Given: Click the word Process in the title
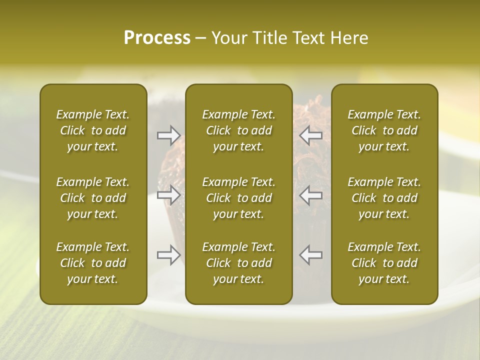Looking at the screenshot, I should click(x=157, y=38).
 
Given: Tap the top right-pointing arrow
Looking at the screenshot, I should click(x=169, y=135).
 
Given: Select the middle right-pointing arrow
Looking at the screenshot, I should click(x=169, y=195).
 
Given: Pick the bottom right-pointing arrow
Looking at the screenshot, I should click(x=169, y=255).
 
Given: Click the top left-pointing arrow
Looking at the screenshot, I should click(x=311, y=135).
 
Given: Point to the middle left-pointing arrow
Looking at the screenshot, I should click(x=311, y=195).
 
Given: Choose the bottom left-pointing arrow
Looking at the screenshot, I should click(x=311, y=255).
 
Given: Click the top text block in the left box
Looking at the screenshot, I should click(x=93, y=130).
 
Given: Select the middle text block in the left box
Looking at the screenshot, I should click(x=93, y=198).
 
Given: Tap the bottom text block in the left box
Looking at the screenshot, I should click(x=93, y=263).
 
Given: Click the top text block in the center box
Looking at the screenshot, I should click(x=239, y=130).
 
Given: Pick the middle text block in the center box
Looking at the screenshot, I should click(x=239, y=198).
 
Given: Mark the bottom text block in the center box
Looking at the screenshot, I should click(x=239, y=263).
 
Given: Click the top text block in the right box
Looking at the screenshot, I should click(x=384, y=130).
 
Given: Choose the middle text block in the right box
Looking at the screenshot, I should click(x=384, y=198).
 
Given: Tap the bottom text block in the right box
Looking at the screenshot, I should click(x=384, y=263).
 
